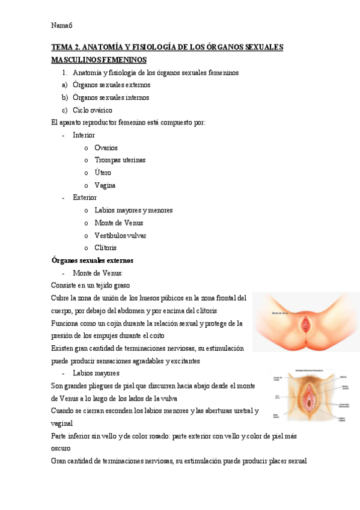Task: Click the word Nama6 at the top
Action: point(62,25)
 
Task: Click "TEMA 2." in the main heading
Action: point(65,48)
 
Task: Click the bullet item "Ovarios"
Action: point(106,148)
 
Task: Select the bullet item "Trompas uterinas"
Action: point(120,161)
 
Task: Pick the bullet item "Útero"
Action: point(103,173)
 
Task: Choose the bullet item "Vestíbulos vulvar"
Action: point(120,236)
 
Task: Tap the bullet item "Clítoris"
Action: point(105,248)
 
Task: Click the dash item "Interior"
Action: point(84,135)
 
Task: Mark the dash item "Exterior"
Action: point(85,198)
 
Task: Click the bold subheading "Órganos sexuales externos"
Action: point(93,260)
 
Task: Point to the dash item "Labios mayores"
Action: point(96,373)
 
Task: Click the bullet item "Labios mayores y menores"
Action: point(133,210)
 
